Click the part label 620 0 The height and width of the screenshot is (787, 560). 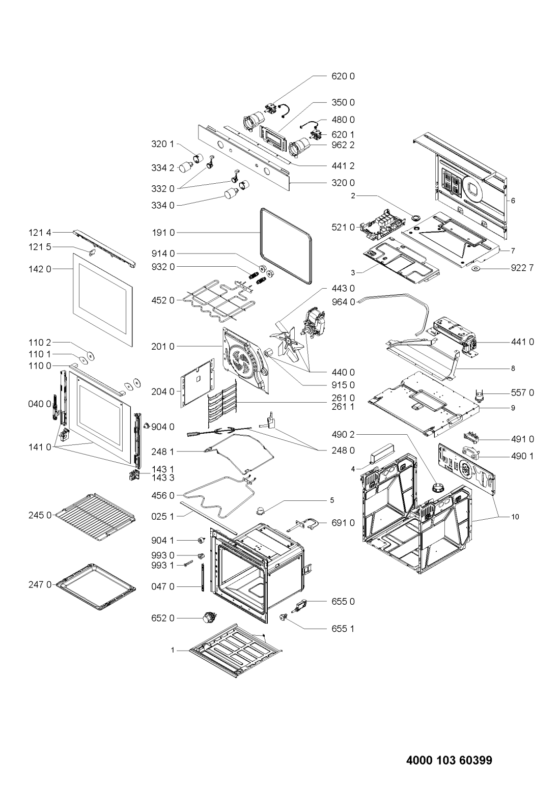click(343, 76)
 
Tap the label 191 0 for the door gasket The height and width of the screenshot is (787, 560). click(163, 233)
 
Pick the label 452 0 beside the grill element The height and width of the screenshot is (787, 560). click(163, 300)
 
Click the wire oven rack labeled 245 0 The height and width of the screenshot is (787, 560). click(95, 516)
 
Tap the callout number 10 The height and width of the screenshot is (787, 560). click(515, 517)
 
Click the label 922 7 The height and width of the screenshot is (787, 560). click(522, 268)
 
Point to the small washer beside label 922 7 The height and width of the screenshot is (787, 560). click(476, 269)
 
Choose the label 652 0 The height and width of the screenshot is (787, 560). click(163, 618)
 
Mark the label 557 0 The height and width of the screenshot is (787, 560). click(522, 393)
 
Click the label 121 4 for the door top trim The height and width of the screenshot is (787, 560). click(40, 232)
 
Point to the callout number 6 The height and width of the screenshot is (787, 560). click(513, 201)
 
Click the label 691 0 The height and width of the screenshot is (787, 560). click(343, 523)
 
